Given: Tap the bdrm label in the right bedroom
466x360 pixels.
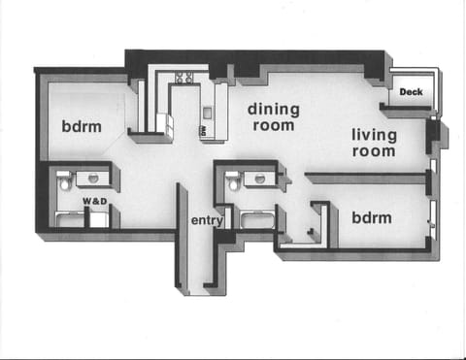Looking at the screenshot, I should point(372,217).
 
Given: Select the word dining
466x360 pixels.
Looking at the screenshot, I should point(273,108).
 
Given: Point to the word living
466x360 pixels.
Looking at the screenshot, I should point(374,134).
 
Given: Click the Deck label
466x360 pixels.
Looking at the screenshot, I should point(412,92).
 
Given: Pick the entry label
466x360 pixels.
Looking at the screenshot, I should point(207,221).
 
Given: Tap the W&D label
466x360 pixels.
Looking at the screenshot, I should point(94,202).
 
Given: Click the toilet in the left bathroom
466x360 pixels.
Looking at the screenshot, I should point(64,181).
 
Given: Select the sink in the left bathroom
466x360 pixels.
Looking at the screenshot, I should point(93,179).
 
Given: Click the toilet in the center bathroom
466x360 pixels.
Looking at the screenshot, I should point(232,181).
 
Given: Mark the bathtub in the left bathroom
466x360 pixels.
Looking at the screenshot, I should point(70,219).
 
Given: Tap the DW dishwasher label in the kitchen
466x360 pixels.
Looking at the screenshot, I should point(205,128).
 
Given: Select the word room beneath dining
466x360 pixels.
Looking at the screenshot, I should point(273,125).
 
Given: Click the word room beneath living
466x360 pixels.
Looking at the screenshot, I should point(374,151).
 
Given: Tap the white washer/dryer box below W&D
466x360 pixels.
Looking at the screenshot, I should point(99,218).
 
